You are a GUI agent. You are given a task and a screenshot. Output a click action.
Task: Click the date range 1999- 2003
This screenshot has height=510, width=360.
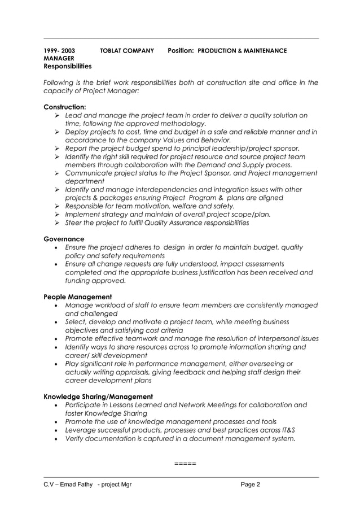(59, 51)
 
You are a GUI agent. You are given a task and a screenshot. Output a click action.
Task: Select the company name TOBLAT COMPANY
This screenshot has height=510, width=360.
(126, 51)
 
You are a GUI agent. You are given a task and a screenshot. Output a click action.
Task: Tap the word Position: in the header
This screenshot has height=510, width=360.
(181, 51)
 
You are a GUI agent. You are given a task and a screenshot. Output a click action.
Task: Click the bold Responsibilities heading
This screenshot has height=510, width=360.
(67, 66)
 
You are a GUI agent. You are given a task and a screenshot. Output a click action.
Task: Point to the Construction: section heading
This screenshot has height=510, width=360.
(65, 107)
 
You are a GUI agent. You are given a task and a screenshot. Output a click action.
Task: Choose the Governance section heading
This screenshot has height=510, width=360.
(64, 239)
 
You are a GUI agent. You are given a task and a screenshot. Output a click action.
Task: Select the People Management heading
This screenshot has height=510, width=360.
(77, 297)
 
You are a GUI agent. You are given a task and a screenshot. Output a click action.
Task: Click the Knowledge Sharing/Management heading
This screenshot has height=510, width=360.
(98, 396)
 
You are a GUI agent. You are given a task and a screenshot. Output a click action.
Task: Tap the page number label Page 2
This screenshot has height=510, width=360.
(251, 484)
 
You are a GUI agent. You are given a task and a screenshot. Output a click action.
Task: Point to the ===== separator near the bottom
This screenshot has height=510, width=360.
(185, 464)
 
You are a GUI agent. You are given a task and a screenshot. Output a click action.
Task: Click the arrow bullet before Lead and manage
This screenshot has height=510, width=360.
(57, 116)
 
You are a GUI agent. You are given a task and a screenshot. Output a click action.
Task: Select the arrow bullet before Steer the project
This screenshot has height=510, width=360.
(57, 223)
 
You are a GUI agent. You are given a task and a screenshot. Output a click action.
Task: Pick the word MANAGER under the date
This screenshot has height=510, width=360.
(58, 58)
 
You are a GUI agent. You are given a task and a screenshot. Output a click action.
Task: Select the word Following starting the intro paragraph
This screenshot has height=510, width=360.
(59, 83)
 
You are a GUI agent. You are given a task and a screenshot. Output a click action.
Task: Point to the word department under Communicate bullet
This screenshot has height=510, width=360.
(85, 181)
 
